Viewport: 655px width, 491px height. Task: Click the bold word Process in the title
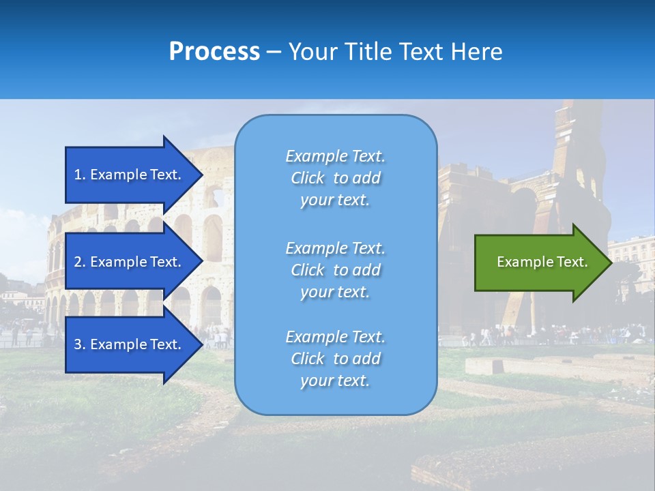(x=214, y=52)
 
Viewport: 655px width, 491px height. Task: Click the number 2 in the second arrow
(x=78, y=262)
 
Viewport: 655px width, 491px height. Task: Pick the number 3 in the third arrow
(x=78, y=344)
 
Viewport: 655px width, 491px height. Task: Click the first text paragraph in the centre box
(x=335, y=178)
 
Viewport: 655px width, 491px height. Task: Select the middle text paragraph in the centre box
(x=335, y=270)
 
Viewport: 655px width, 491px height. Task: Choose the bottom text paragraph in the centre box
(x=335, y=359)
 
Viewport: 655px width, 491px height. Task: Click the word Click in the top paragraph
(x=307, y=178)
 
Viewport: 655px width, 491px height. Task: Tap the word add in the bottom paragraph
(x=367, y=359)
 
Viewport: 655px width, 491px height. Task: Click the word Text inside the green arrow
(x=573, y=262)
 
